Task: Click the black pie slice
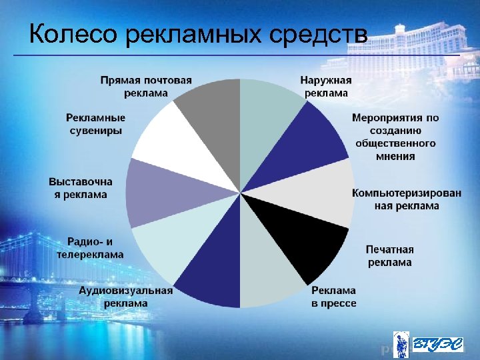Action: (313, 250)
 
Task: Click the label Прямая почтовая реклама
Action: (146, 86)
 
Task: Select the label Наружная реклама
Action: (326, 86)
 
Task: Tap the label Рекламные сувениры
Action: (95, 124)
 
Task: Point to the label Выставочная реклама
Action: (81, 187)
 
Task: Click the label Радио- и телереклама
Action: (90, 247)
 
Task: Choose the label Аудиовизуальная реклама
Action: (126, 297)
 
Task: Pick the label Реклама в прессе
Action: (333, 297)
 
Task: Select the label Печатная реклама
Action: (389, 256)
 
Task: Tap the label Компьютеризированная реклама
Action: (406, 199)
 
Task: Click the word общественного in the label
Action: (395, 143)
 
